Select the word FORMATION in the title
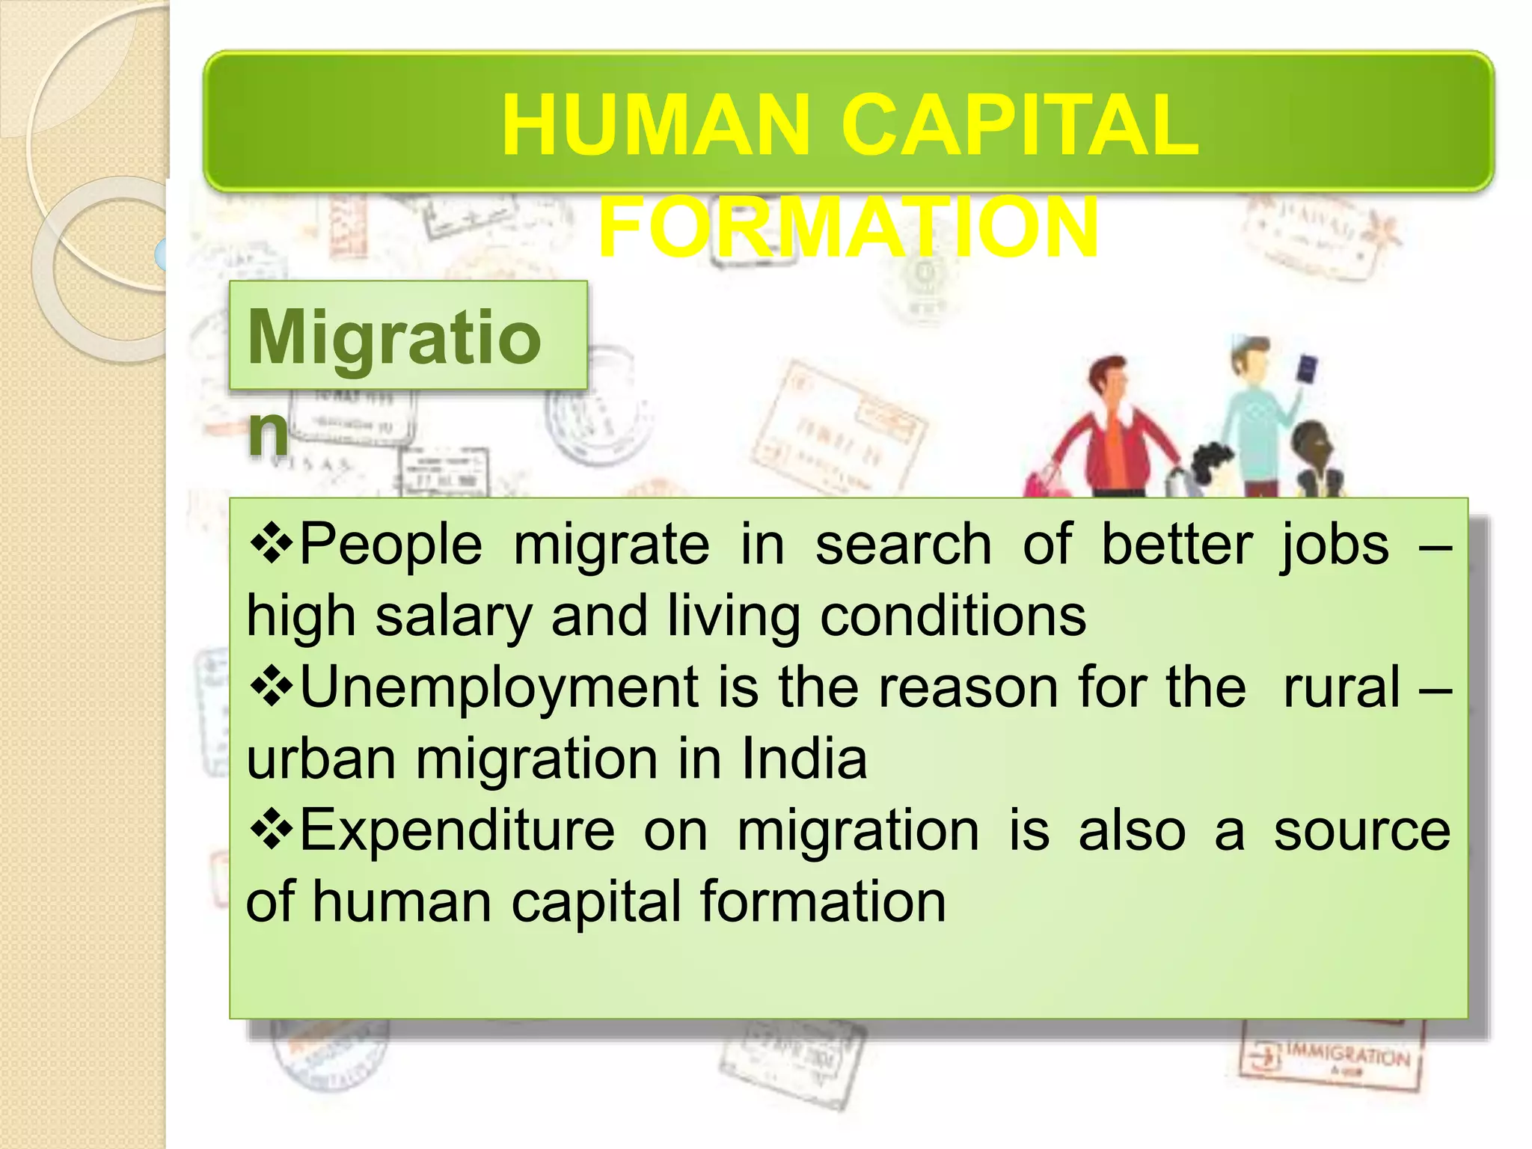(848, 227)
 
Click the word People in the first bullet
(390, 545)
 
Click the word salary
(453, 616)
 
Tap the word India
(803, 759)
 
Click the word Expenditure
(457, 830)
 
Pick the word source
(1361, 830)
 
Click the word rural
(1341, 687)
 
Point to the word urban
(321, 759)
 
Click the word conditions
(952, 616)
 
